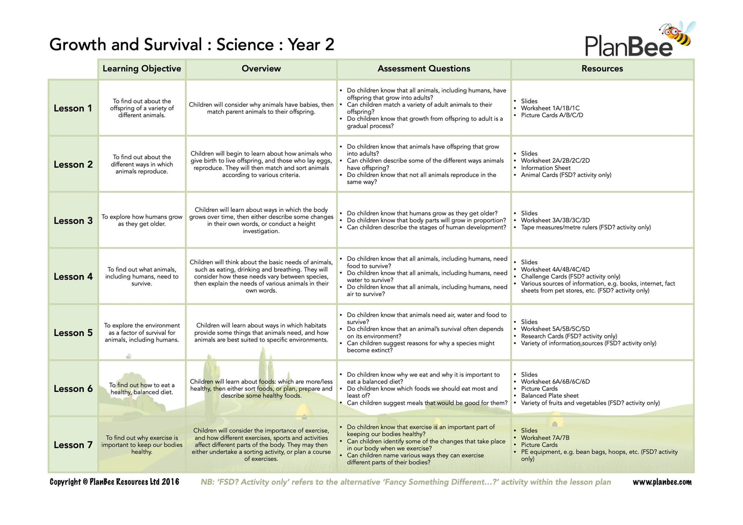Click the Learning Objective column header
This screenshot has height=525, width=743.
pyautogui.click(x=142, y=69)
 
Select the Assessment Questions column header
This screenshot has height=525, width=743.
pyautogui.click(x=424, y=69)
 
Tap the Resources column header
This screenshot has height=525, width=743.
pyautogui.click(x=602, y=69)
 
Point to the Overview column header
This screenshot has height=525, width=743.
pyautogui.click(x=261, y=69)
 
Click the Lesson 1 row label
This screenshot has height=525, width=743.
pyautogui.click(x=73, y=108)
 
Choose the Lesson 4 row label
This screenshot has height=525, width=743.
pyautogui.click(x=73, y=277)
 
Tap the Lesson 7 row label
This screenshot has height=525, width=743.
pyautogui.click(x=73, y=445)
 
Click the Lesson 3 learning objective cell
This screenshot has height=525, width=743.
pyautogui.click(x=142, y=220)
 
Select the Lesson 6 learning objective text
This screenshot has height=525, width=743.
pyautogui.click(x=142, y=388)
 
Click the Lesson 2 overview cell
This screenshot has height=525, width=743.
pyautogui.click(x=261, y=164)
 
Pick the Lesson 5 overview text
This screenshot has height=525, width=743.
pyautogui.click(x=261, y=333)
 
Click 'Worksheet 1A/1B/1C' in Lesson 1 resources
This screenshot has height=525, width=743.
pyautogui.click(x=550, y=108)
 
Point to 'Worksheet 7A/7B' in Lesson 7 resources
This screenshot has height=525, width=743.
pyautogui.click(x=545, y=438)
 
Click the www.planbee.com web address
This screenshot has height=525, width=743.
pyautogui.click(x=662, y=482)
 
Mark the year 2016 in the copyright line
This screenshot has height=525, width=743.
pyautogui.click(x=170, y=482)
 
